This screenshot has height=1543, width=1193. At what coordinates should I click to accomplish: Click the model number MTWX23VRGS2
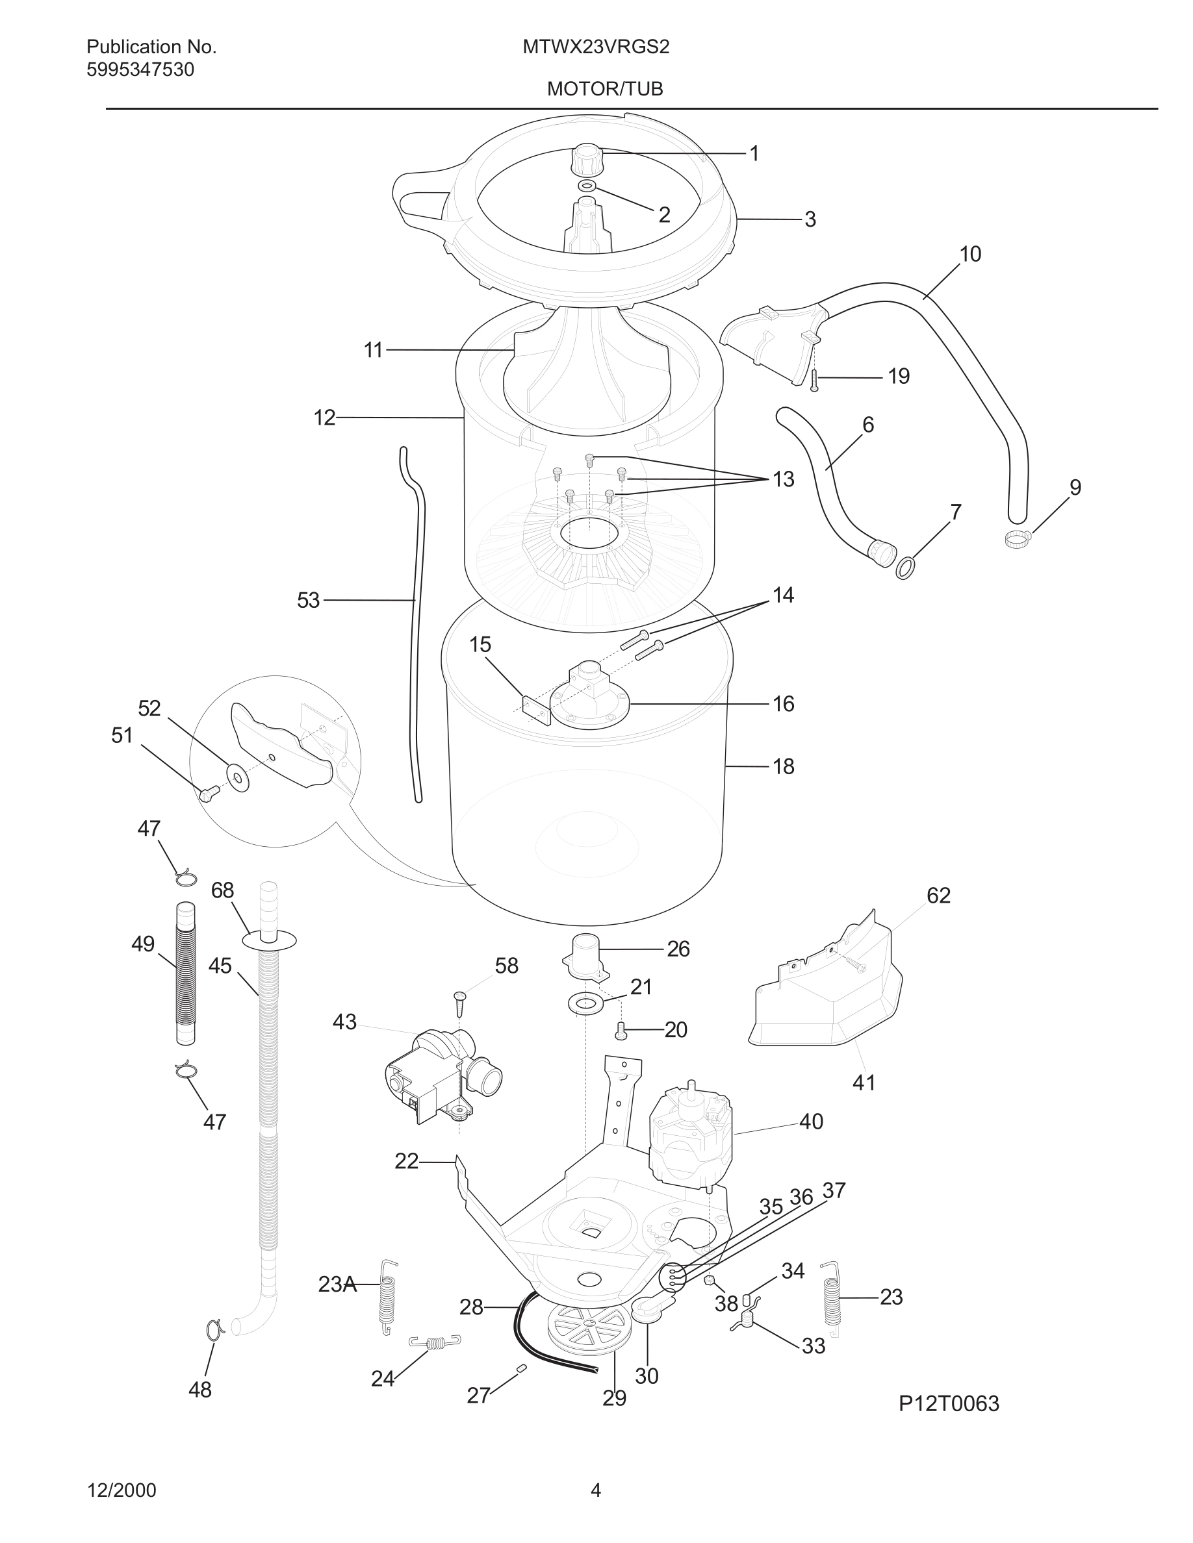(596, 47)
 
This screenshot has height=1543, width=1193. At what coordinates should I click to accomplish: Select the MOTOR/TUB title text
(605, 90)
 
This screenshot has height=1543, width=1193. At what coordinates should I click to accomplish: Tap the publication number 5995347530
(140, 70)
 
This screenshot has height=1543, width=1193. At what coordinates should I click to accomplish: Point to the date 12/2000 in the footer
(122, 1490)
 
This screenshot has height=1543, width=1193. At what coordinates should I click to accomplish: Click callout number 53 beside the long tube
(308, 601)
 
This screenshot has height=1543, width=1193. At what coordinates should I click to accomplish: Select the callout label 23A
(337, 1285)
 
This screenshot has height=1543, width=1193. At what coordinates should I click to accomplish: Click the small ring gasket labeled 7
(904, 567)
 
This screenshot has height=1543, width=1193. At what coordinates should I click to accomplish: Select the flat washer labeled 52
(237, 777)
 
